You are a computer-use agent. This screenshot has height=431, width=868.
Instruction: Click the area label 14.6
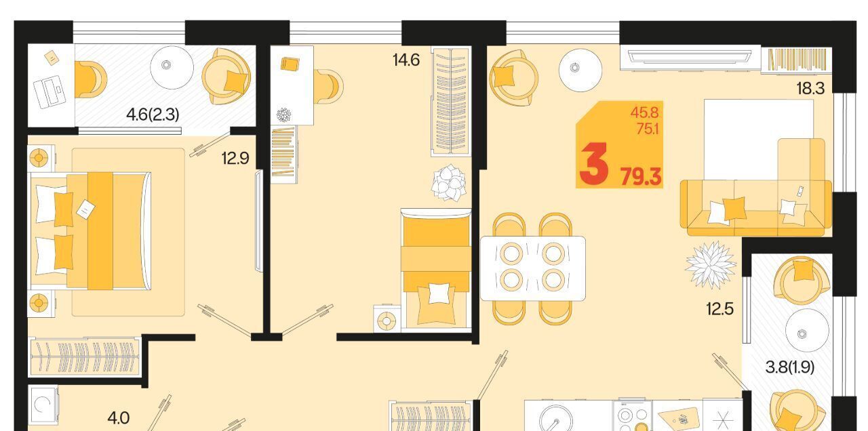[x=406, y=60]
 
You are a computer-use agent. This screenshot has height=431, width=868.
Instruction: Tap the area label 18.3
[x=810, y=89]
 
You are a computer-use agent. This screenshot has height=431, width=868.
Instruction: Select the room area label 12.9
[x=235, y=159]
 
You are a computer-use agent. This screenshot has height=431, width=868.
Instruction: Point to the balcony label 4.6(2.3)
[x=153, y=115]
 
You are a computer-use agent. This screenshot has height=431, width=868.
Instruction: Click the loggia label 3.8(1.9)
[x=790, y=367]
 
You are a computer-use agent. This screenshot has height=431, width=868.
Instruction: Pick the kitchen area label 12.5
[x=719, y=310]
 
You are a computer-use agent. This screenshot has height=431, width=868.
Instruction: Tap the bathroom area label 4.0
[x=118, y=418]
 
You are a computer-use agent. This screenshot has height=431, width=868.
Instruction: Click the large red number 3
[x=593, y=164]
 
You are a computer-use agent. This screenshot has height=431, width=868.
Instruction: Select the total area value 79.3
[x=641, y=178]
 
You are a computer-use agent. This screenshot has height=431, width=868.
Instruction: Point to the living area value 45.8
[x=644, y=112]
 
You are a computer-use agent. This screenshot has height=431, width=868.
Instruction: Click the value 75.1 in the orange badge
[x=648, y=129]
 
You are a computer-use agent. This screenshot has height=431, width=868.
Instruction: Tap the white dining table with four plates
[x=533, y=268]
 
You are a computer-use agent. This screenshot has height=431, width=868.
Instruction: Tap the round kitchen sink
[x=555, y=419]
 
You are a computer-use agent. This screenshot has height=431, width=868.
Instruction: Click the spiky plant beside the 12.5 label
[x=711, y=265]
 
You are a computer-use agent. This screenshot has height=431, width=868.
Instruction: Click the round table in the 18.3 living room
[x=580, y=70]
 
